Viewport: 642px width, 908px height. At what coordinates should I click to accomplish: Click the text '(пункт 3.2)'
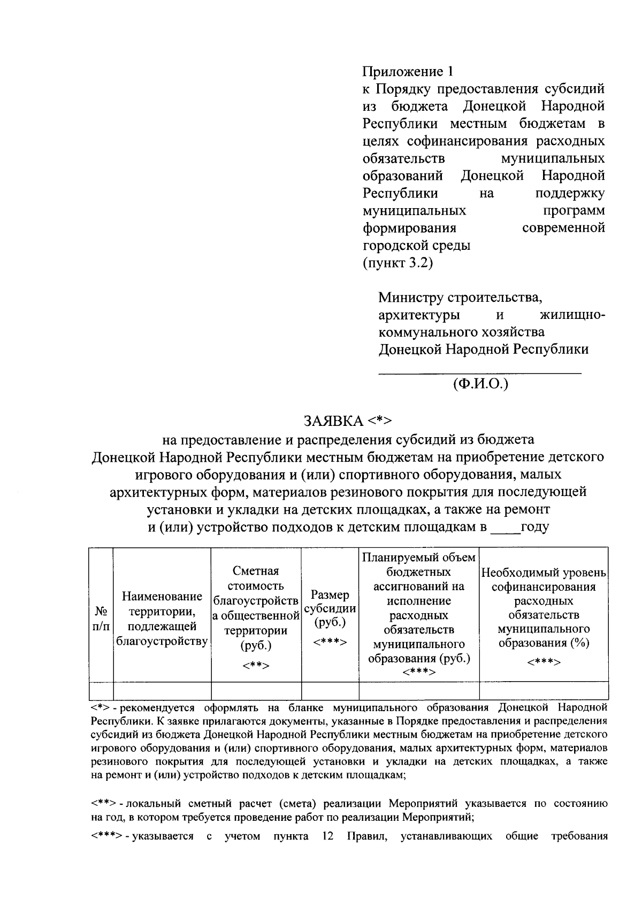click(398, 263)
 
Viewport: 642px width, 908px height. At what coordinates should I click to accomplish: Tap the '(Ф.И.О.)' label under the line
click(480, 384)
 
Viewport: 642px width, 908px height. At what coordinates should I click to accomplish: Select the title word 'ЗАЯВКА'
click(333, 421)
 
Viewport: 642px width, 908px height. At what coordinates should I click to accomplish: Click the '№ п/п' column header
click(101, 618)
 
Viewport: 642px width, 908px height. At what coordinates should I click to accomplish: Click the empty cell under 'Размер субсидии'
click(330, 690)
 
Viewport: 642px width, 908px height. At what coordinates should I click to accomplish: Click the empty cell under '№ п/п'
click(101, 690)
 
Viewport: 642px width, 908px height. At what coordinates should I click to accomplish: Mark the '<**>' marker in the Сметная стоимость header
click(256, 666)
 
